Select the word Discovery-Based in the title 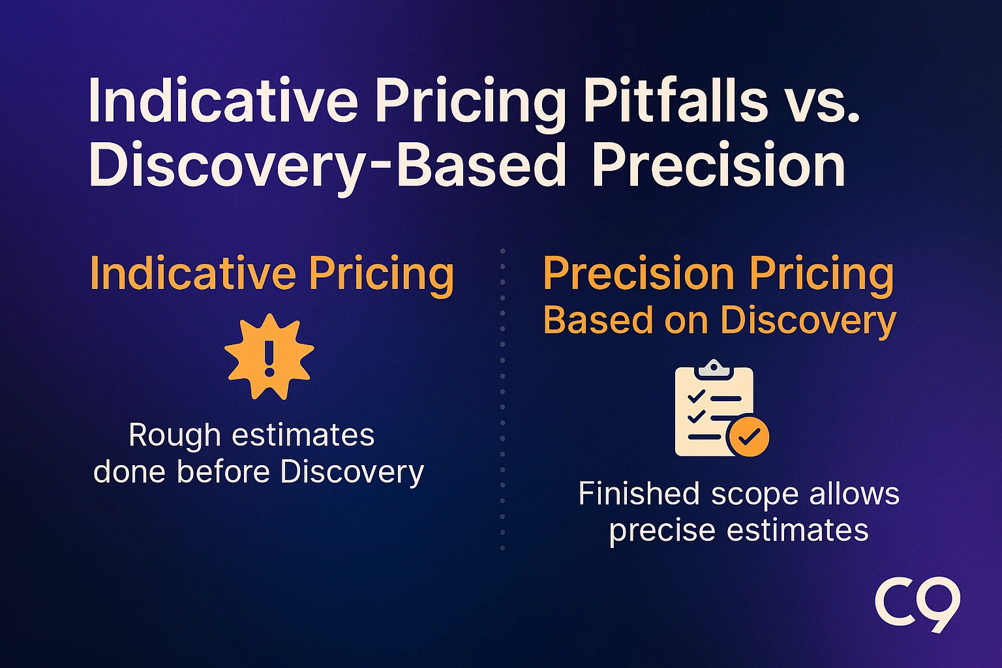(327, 166)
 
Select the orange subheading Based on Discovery (720, 320)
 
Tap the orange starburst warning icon (269, 357)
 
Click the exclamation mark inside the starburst (269, 358)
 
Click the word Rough (174, 436)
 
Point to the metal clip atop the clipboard (714, 368)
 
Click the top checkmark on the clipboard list (697, 396)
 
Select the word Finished (639, 494)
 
